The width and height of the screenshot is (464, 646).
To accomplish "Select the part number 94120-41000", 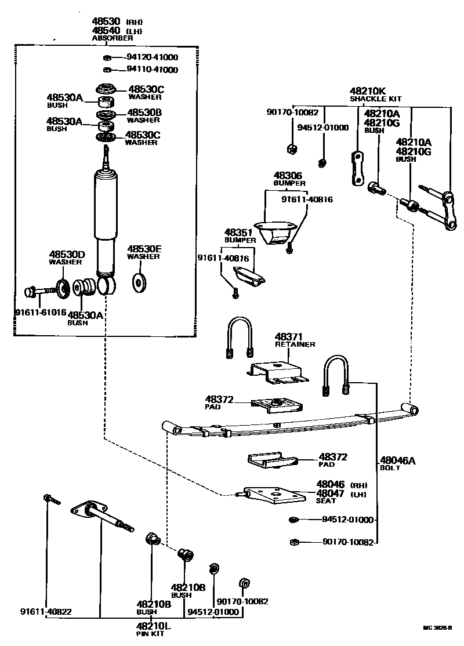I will click(x=152, y=57).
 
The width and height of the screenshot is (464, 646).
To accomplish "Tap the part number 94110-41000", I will click(x=152, y=70).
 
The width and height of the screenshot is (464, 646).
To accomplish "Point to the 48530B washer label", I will click(x=144, y=112).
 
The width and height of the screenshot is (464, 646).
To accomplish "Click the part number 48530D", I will click(x=67, y=255).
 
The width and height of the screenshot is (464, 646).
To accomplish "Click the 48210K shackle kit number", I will click(x=368, y=91).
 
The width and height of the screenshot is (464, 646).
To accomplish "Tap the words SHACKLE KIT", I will click(x=375, y=99).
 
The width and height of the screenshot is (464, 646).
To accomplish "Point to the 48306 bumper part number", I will click(x=288, y=175).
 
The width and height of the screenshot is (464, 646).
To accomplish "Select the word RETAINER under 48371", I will click(x=295, y=344).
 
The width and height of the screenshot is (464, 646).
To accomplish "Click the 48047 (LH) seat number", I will click(x=331, y=493).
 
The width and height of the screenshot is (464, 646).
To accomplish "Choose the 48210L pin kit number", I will click(x=154, y=626).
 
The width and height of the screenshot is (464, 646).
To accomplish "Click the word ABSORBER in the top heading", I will click(x=113, y=38).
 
